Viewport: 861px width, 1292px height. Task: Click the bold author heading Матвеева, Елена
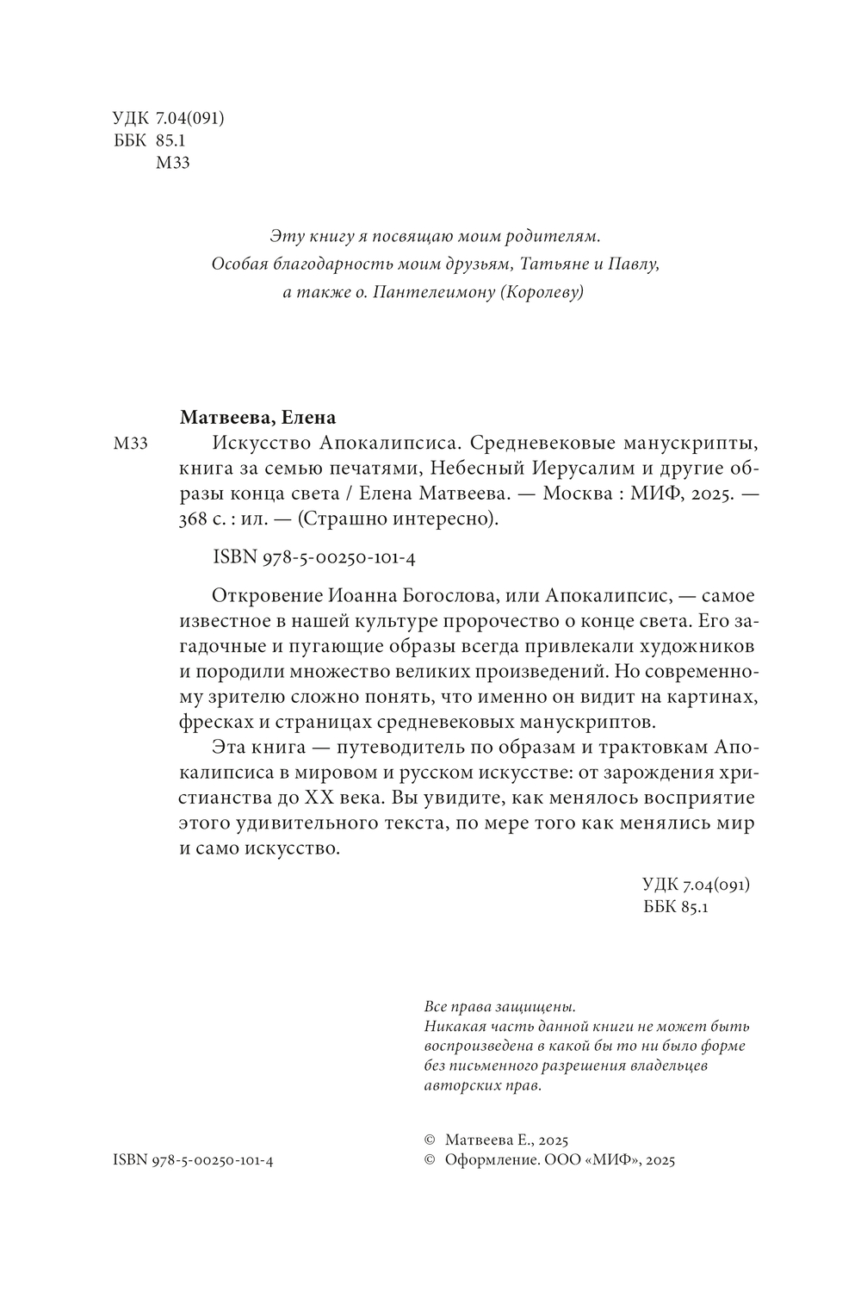(x=257, y=418)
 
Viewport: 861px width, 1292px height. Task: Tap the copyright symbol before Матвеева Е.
(x=430, y=1139)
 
